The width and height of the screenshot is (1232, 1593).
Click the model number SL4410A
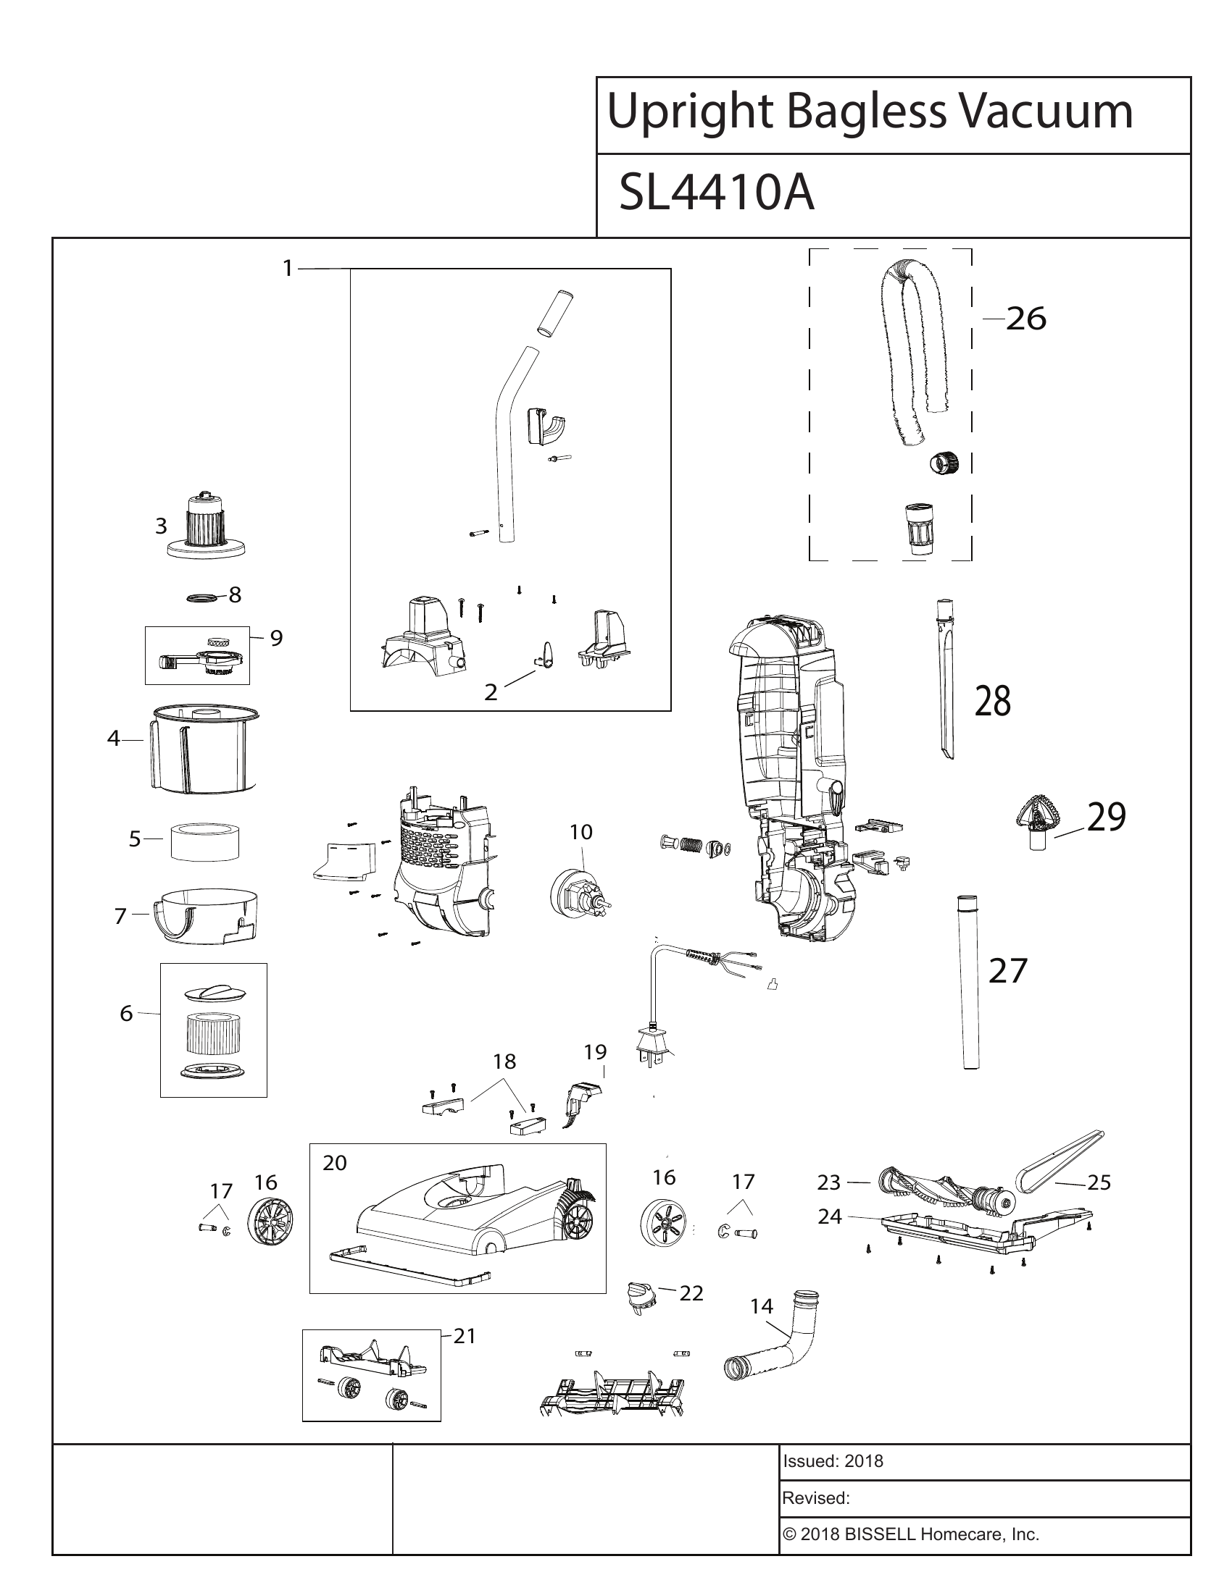[x=716, y=194]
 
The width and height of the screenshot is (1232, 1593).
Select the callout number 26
[x=1025, y=319]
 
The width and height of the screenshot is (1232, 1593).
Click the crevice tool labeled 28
[x=944, y=678]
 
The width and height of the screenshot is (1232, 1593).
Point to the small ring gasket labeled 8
[x=202, y=597]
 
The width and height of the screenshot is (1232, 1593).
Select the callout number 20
[x=334, y=1163]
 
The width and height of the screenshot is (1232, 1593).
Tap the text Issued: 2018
[x=833, y=1461]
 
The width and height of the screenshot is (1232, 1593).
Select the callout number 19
[x=596, y=1052]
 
